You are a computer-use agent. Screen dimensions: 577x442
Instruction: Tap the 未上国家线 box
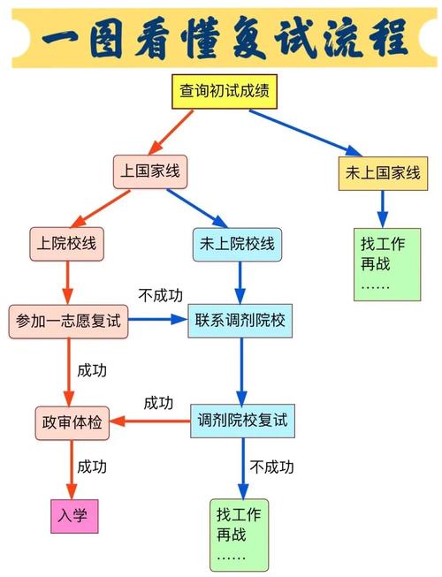[x=383, y=172]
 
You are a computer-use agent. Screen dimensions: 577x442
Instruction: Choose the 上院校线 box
[x=66, y=244]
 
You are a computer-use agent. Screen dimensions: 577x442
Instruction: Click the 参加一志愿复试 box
[x=68, y=322]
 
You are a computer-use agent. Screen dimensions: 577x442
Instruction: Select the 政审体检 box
[x=70, y=422]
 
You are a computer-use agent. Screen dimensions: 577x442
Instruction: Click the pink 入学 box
[x=73, y=515]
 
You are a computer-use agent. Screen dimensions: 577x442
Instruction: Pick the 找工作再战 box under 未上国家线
[x=386, y=263]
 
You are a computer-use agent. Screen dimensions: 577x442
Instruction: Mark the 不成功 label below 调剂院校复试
[x=271, y=467]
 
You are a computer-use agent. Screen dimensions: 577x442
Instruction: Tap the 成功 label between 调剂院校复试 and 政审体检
[x=158, y=403]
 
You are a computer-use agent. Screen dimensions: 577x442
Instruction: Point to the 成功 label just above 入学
[x=92, y=466]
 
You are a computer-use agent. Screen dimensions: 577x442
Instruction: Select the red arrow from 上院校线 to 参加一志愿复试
[x=65, y=283]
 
